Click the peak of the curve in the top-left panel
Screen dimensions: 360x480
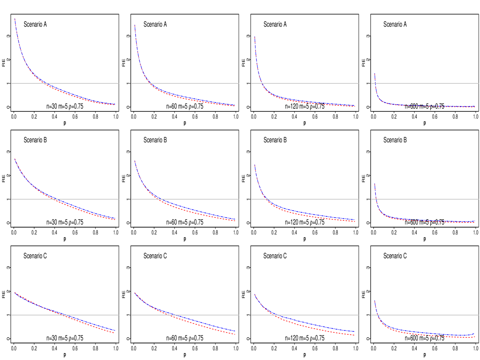pyautogui.click(x=15, y=19)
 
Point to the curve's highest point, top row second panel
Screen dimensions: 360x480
pyautogui.click(x=135, y=25)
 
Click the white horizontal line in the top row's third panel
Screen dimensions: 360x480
pyautogui.click(x=308, y=83)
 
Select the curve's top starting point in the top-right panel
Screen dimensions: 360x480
pyautogui.click(x=374, y=74)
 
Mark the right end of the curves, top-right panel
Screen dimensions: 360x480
pyautogui.click(x=475, y=107)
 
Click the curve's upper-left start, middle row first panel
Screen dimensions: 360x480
pyautogui.click(x=15, y=159)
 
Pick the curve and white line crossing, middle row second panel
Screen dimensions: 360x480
pyautogui.click(x=159, y=199)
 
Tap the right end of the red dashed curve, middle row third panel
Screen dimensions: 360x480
pyautogui.click(x=355, y=222)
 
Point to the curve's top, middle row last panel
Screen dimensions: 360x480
pyautogui.click(x=374, y=184)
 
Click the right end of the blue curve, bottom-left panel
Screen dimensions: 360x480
pyautogui.click(x=115, y=330)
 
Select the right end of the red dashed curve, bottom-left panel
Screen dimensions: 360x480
pyautogui.click(x=114, y=333)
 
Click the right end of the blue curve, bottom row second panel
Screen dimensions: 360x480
pyautogui.click(x=235, y=331)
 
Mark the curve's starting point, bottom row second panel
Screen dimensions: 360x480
pyautogui.click(x=135, y=293)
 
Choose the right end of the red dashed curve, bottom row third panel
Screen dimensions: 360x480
pyautogui.click(x=354, y=335)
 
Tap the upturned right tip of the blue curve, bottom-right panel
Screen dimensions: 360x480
pyautogui.click(x=474, y=334)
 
